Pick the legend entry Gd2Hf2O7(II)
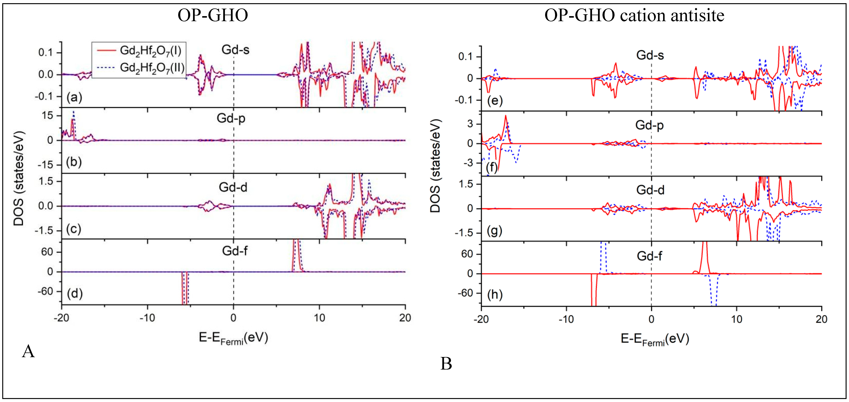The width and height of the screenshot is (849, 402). [x=152, y=68]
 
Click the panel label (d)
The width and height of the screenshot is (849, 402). [x=74, y=293]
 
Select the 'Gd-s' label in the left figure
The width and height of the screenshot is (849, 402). [x=235, y=50]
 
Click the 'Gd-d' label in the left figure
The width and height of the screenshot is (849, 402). [x=233, y=187]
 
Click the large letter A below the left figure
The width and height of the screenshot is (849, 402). [x=28, y=351]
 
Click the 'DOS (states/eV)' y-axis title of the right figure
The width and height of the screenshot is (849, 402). [x=435, y=166]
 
